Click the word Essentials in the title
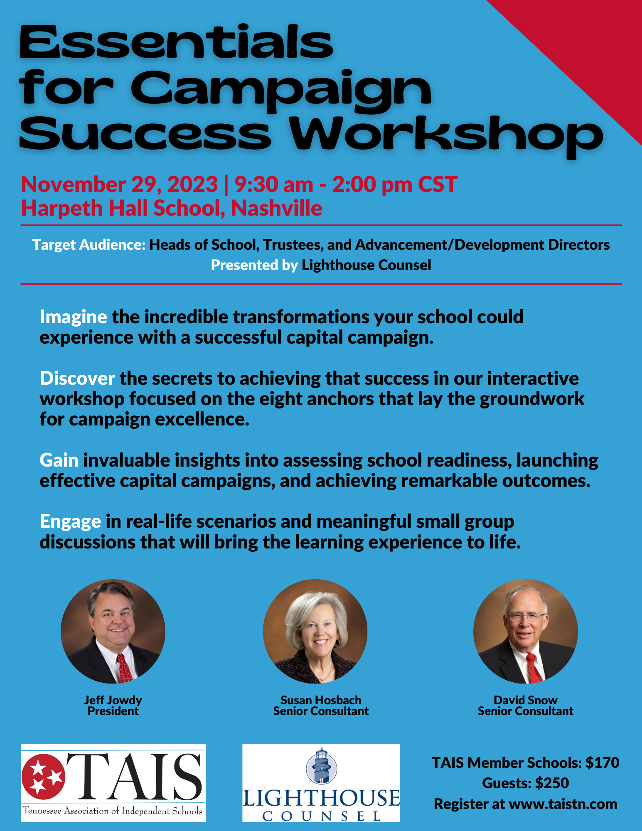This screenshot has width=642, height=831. point(176,42)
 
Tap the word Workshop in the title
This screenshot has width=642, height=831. point(446,134)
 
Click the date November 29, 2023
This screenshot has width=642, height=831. point(119,184)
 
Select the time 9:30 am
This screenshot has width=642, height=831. point(273,184)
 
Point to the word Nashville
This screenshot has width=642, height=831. point(276,208)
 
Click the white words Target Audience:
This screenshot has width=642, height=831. point(89,245)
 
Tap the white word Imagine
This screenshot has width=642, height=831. point(73,317)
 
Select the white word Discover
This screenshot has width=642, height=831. point(77,379)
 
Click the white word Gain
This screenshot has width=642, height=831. point(59,460)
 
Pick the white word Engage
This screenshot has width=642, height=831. point(70,522)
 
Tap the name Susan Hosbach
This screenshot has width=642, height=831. point(321,700)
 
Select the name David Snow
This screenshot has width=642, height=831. point(525,700)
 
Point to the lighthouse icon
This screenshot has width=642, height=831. point(321,766)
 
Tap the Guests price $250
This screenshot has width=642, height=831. point(552,783)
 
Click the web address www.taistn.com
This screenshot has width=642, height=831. point(563,804)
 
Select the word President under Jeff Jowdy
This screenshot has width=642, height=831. point(113,711)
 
